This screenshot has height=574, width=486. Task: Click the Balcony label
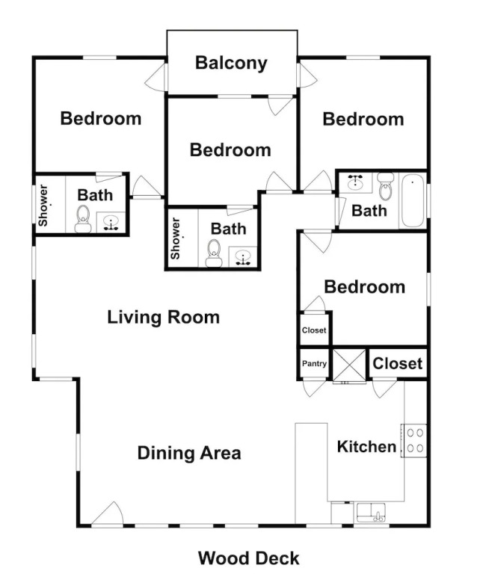[231, 63]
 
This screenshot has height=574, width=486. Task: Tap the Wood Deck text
[249, 558]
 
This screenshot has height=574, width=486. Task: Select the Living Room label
[163, 317]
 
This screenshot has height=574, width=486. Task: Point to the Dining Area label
[189, 453]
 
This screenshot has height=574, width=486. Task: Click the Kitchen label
[366, 447]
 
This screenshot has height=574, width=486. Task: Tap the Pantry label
[314, 363]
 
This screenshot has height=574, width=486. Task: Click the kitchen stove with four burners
[414, 440]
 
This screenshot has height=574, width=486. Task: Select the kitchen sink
[371, 512]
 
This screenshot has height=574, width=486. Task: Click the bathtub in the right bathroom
[413, 200]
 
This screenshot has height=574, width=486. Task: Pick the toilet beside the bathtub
[385, 186]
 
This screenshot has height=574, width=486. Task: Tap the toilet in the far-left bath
[83, 219]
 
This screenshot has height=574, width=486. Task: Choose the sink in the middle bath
[242, 256]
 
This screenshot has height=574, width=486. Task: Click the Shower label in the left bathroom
[43, 206]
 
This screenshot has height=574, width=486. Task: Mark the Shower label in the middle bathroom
[176, 238]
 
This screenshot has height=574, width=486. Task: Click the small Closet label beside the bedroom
[314, 330]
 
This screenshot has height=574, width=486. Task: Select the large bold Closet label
[397, 363]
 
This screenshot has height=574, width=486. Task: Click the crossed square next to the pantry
[349, 365]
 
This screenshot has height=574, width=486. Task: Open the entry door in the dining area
[108, 514]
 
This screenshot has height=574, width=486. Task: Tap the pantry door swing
[314, 389]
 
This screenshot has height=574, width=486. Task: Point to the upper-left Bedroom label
[101, 119]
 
